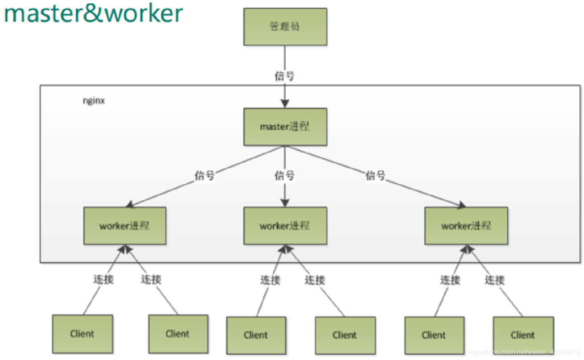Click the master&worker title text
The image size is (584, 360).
[93, 13]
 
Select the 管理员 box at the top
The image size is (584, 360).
[285, 27]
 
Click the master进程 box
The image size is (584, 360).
[285, 127]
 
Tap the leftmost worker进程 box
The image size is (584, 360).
[125, 226]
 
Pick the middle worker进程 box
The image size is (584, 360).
[285, 226]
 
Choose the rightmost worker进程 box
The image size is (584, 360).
[466, 226]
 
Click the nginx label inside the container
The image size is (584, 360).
[94, 101]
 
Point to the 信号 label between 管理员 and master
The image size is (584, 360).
[285, 76]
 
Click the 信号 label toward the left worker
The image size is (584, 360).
[205, 175]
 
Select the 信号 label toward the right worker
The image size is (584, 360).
[376, 175]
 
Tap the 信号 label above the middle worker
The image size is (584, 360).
[285, 176]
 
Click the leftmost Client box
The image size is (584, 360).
[83, 334]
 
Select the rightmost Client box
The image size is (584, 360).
[523, 335]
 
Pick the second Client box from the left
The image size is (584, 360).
[178, 334]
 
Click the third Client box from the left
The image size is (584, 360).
[256, 335]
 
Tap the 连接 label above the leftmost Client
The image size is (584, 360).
[103, 279]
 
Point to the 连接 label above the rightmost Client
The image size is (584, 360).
[494, 280]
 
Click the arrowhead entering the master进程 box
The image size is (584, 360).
[285, 104]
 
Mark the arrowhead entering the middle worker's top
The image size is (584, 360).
[285, 202]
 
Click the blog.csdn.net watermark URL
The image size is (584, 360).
[524, 352]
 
